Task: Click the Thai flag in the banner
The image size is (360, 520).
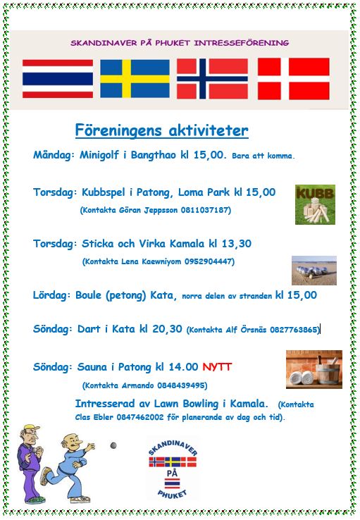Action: coord(58,79)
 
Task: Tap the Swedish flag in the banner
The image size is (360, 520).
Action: coord(135,79)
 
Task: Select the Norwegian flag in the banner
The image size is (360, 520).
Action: coord(212,79)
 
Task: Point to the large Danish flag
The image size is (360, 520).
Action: coord(293,79)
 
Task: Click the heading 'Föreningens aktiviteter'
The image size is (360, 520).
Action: coord(162,130)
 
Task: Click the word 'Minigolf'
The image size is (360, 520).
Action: coord(99,155)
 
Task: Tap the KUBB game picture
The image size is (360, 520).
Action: coord(315,204)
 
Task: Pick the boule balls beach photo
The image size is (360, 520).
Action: coord(314,271)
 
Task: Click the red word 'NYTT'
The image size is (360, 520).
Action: coord(217,367)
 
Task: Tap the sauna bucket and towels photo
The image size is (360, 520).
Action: coord(314,369)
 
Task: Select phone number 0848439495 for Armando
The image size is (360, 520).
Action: coord(181,385)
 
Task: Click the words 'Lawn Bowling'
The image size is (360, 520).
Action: coord(186,404)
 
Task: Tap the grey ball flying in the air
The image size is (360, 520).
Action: coord(113,445)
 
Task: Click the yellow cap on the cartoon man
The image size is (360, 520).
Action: coord(31,428)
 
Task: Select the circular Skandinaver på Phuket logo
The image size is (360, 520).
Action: coord(173,469)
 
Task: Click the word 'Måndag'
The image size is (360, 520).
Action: coord(52,155)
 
